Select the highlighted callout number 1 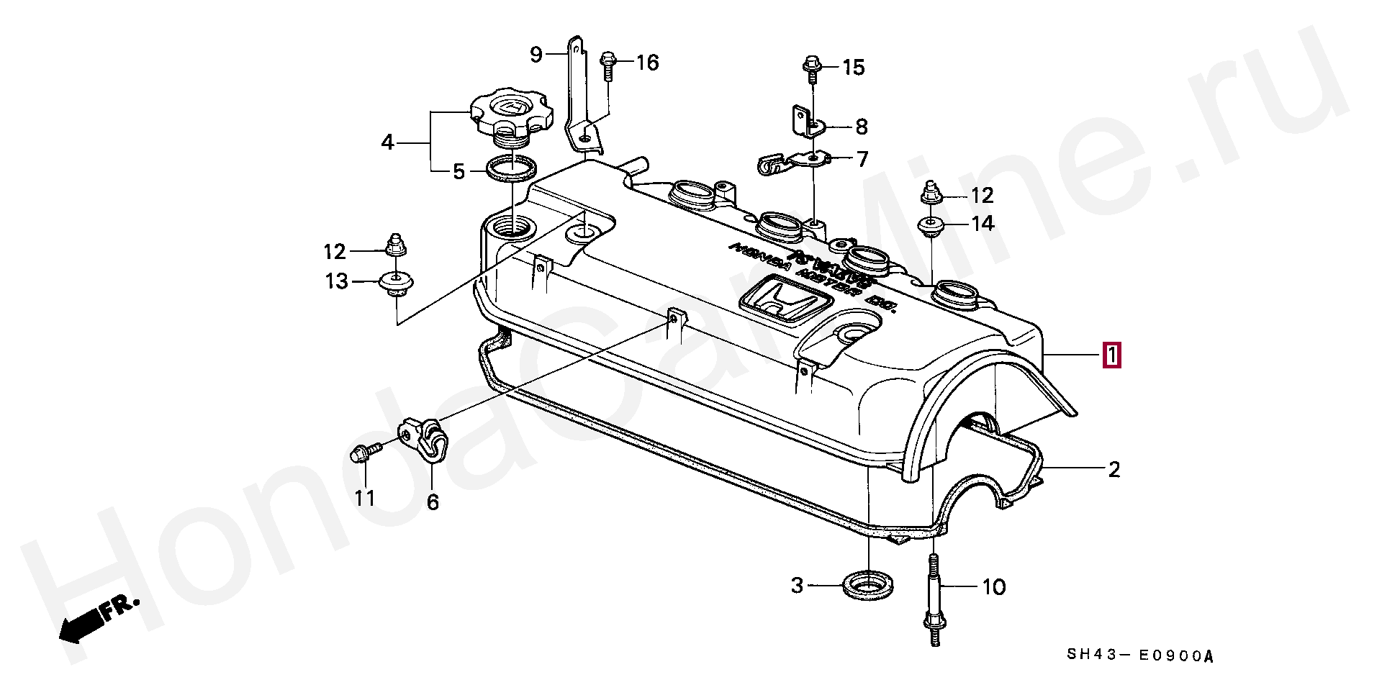[1111, 355]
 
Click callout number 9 [535, 55]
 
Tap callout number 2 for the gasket [1114, 470]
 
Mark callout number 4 [388, 143]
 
